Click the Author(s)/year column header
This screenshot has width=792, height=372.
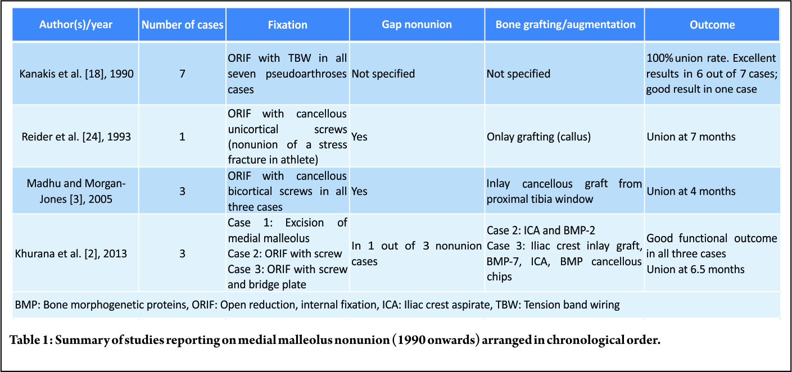(76, 24)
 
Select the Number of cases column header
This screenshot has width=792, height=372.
(183, 24)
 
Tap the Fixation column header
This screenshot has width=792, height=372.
(287, 24)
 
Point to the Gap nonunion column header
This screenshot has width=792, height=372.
(417, 24)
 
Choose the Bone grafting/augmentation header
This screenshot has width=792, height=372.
(565, 24)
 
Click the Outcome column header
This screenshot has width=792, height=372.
(712, 24)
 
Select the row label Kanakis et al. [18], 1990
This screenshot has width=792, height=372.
(76, 74)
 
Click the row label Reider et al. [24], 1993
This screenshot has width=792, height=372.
(76, 137)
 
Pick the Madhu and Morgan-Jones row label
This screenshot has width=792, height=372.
(76, 191)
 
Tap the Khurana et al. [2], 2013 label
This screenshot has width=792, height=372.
(71, 253)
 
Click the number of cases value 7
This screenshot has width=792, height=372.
(183, 74)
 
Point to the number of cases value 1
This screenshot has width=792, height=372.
(183, 137)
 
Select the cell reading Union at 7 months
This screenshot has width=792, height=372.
(691, 137)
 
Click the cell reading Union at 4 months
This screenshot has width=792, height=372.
(691, 191)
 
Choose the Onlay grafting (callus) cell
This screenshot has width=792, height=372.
(538, 137)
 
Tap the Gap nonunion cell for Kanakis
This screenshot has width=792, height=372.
(383, 74)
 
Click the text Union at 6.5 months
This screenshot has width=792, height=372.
(695, 269)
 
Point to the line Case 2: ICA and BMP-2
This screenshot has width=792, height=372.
(541, 230)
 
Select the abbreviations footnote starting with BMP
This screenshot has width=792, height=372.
(317, 305)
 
